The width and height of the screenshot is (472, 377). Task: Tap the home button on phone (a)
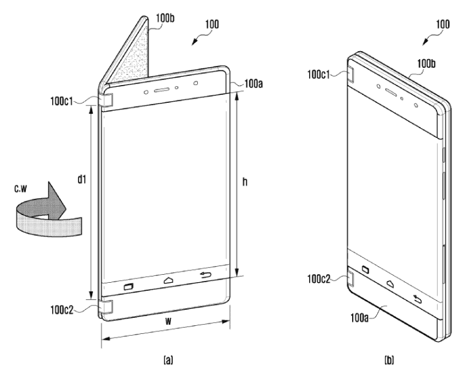[169, 280]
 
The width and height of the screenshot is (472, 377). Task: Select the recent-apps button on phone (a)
[129, 286]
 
